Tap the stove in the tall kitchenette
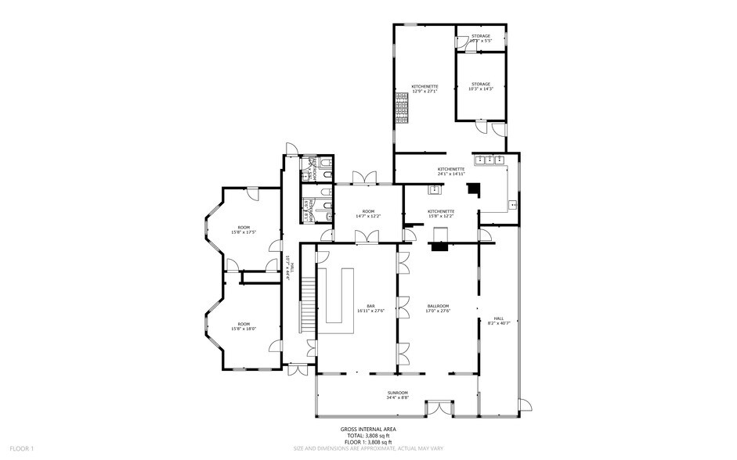tap(403, 109)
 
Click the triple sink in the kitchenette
tap(493, 160)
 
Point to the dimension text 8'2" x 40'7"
tap(498, 323)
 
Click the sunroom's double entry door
tap(434, 408)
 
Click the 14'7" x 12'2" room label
tap(368, 214)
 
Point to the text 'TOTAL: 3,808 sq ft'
tap(367, 435)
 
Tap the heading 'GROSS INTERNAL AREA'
tap(367, 429)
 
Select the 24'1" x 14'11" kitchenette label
tap(451, 171)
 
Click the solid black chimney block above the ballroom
tap(473, 189)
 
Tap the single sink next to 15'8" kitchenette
tap(432, 190)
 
